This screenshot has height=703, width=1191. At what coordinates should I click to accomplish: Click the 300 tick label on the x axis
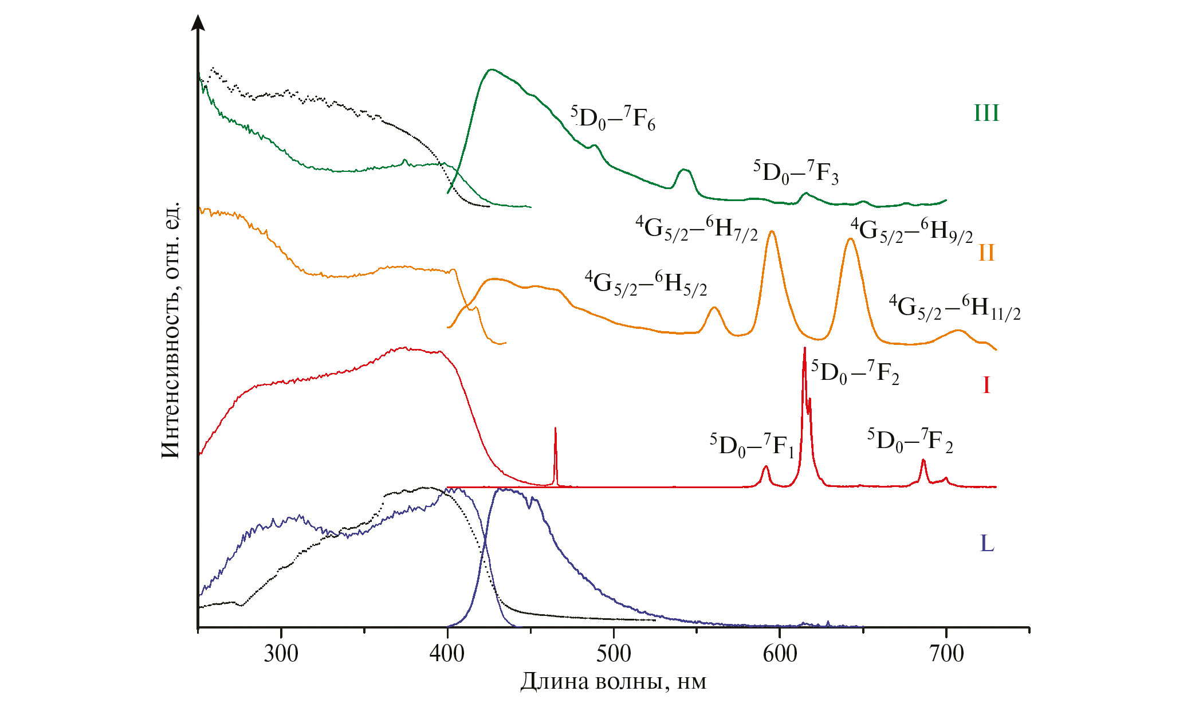point(281,653)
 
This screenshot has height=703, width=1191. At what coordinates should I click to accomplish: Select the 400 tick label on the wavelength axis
point(447,653)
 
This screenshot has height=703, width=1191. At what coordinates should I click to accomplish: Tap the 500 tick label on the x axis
point(614,653)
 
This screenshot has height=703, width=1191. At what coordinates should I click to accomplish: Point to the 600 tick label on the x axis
point(780,653)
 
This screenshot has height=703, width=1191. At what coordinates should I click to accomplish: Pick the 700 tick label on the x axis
point(946,653)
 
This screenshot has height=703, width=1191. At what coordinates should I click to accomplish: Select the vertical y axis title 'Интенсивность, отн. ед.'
point(171,331)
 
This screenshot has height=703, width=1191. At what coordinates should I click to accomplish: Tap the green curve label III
point(986,113)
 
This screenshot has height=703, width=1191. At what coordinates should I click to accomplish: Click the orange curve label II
point(986,253)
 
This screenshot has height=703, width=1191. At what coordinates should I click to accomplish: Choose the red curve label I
point(986,385)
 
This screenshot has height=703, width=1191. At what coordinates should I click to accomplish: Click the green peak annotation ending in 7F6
point(612,118)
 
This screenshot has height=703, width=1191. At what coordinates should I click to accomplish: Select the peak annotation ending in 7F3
point(796,172)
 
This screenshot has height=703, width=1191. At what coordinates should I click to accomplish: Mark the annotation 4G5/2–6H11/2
point(954,308)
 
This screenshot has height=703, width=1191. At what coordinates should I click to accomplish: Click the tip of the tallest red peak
point(805,348)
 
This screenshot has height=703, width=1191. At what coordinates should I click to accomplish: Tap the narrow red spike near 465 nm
point(555,429)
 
